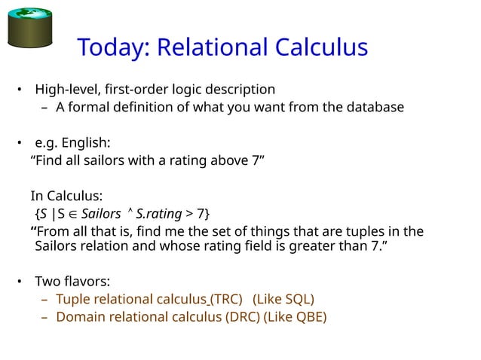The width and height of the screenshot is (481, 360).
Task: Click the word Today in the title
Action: click(x=113, y=48)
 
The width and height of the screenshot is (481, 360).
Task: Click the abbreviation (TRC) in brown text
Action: click(x=226, y=300)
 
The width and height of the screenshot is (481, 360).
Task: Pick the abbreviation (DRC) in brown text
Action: click(x=241, y=317)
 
